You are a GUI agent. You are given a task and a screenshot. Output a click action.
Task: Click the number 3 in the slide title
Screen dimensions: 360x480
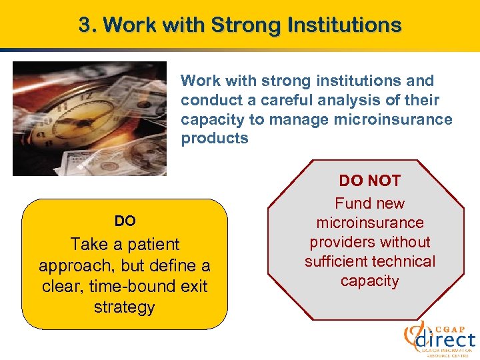[85, 25]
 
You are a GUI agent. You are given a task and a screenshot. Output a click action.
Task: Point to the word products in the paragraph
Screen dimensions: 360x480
[215, 139]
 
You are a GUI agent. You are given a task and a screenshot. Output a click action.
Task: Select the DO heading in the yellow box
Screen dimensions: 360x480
[125, 221]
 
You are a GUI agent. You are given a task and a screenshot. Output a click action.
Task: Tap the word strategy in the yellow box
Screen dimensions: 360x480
[125, 307]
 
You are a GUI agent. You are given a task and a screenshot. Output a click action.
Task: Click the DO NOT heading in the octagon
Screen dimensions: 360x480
[370, 181]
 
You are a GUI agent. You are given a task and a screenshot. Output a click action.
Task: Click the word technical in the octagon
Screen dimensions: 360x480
[404, 261]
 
